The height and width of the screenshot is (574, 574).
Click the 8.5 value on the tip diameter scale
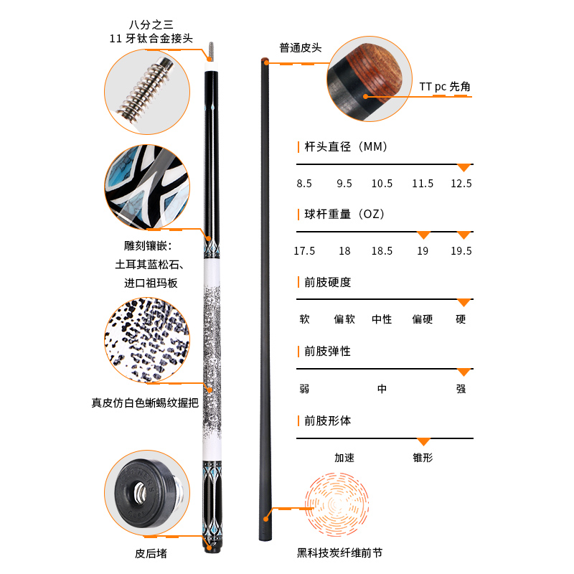(304, 184)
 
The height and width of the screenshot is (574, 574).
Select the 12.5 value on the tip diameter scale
(461, 184)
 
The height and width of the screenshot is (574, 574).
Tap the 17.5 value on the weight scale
(304, 250)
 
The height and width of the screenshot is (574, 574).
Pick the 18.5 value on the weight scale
(382, 250)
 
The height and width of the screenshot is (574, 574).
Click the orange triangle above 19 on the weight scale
(423, 235)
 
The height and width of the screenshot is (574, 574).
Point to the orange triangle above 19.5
(464, 235)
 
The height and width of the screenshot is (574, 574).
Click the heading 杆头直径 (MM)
(346, 147)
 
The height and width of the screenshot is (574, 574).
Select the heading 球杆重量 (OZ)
(344, 214)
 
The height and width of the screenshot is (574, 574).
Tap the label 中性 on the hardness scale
(382, 319)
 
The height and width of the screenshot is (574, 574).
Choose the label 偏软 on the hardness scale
(344, 319)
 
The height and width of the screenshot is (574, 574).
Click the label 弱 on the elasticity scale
(304, 389)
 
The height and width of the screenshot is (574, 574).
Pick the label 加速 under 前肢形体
(344, 458)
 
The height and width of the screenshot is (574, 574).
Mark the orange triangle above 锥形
(423, 441)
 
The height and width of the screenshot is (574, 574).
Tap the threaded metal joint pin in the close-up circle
(146, 88)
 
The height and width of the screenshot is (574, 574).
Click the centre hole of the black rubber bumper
(139, 491)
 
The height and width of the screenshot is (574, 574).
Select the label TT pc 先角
(445, 87)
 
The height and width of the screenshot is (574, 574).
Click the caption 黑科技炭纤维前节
(339, 552)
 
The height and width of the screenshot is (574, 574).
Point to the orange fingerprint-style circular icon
(337, 504)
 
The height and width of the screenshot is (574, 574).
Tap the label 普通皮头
(301, 48)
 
